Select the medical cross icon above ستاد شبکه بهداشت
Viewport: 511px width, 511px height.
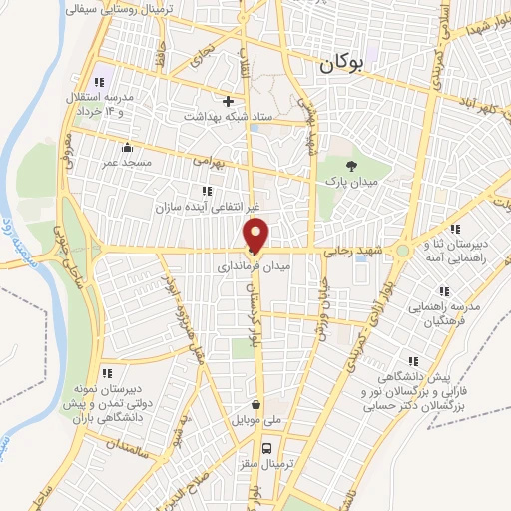[x=229, y=101]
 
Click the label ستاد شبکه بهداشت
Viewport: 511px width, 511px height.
[x=227, y=117]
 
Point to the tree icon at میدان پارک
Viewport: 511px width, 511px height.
[x=349, y=166]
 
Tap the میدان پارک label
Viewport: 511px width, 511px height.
[x=348, y=183]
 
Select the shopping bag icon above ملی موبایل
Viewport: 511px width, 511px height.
[x=258, y=405]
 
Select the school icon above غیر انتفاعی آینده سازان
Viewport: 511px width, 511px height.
[x=207, y=190]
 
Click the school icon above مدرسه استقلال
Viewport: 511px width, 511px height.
[x=98, y=82]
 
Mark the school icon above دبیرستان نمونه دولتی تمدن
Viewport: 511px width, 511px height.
[x=107, y=373]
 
